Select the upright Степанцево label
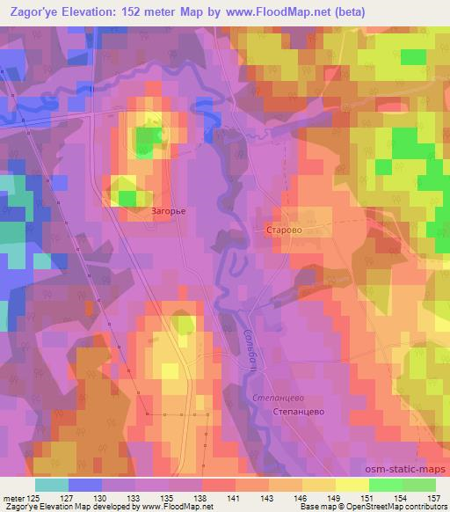tap(299, 411)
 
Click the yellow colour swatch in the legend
tap(352, 485)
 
